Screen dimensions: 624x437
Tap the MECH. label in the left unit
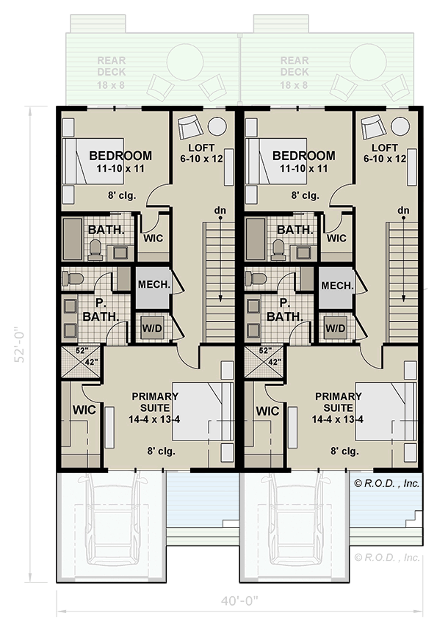coord(153,284)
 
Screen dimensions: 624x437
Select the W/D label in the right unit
coord(336,327)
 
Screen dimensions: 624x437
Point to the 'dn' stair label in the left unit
coord(220,211)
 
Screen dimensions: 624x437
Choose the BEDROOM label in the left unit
coord(120,156)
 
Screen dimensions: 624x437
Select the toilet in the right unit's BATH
coord(278,250)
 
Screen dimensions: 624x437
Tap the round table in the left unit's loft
coord(217,124)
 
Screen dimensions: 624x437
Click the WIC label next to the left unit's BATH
coord(153,239)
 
